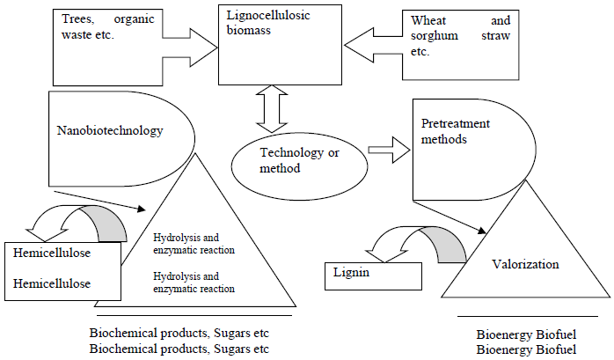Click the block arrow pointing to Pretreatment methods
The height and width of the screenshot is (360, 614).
tap(384, 151)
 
